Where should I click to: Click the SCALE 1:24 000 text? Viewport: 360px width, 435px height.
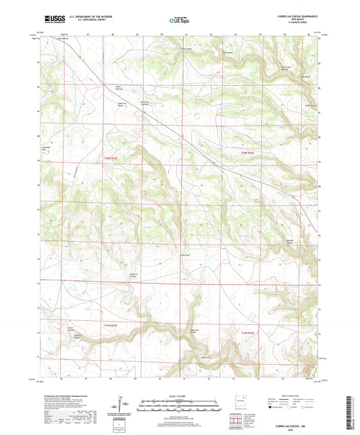point(180,396)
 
